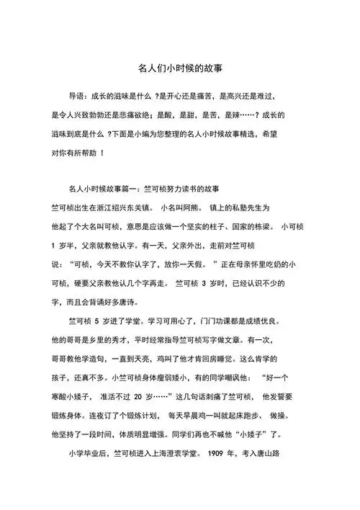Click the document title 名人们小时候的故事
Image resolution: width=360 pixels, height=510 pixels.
tap(180, 69)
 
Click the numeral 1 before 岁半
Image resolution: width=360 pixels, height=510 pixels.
tap(54, 245)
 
